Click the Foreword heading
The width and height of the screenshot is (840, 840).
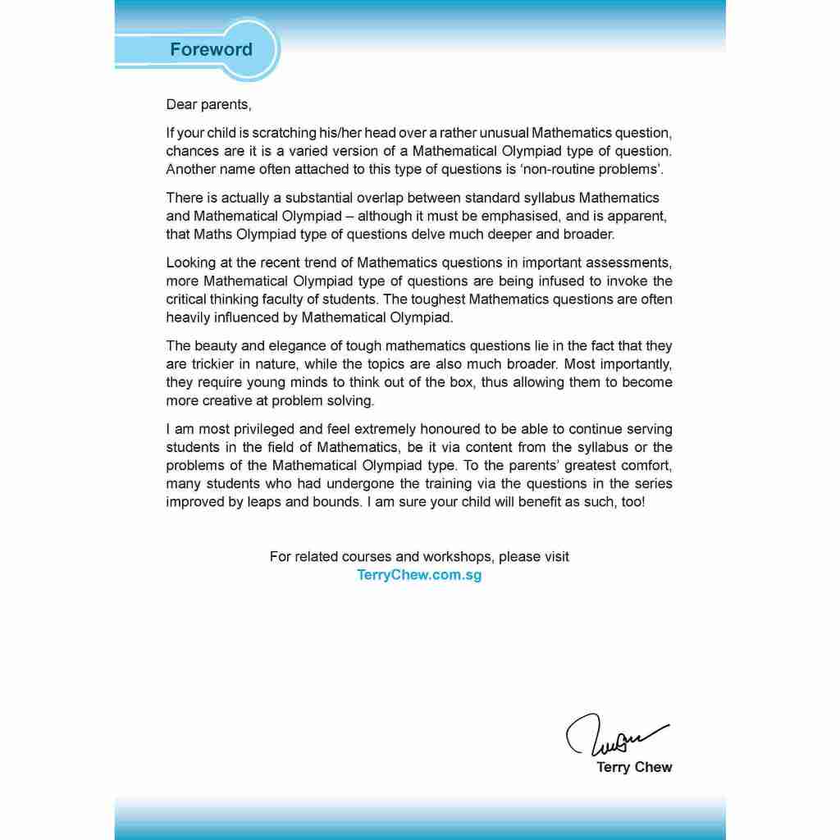point(211,49)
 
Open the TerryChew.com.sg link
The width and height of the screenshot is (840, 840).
point(419,575)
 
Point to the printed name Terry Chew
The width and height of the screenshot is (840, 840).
point(633,768)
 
